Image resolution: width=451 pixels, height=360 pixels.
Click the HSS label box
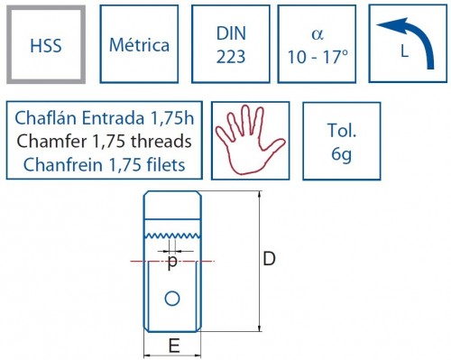coord(46,44)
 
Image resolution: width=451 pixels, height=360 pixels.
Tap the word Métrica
coord(139,44)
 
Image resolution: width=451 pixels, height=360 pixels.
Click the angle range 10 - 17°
coord(316,55)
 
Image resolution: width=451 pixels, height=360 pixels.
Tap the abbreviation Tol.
coord(341,127)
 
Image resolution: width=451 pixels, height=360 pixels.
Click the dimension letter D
coord(269,260)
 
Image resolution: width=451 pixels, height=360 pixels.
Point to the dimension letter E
coord(173,344)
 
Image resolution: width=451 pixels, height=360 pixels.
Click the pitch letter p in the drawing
coord(172,262)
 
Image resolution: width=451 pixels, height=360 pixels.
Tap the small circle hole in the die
coord(172,298)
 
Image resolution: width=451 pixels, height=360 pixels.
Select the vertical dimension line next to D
coord(260,262)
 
